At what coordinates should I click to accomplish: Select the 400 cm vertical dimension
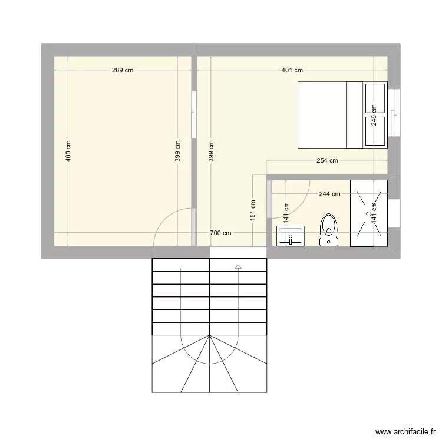tap(68, 151)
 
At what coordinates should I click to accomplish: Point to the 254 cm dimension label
tap(327, 160)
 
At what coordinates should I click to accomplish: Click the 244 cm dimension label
tap(329, 193)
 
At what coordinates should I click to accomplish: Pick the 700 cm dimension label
tap(221, 233)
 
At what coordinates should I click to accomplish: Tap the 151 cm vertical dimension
tap(253, 209)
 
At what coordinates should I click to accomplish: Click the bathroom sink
tap(290, 236)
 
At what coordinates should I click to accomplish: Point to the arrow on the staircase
tap(238, 267)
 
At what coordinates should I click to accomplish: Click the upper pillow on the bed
tap(375, 98)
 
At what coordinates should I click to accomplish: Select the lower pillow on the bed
tap(375, 131)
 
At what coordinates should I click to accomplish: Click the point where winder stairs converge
tap(210, 335)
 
